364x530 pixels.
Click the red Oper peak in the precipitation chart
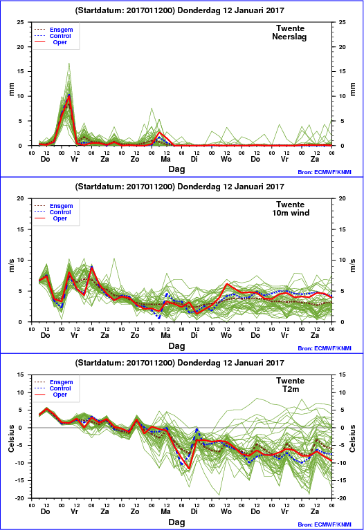coord(69,96)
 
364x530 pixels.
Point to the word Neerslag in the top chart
coord(289,37)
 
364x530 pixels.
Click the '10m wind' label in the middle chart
coord(291,213)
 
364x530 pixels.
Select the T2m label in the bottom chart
coord(291,389)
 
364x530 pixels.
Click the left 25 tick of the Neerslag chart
coord(21,22)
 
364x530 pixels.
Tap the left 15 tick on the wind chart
coord(21,229)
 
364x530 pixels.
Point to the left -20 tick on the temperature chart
coord(20,498)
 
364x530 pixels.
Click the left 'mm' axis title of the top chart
coord(12,90)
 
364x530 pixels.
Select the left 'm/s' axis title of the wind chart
coord(12,265)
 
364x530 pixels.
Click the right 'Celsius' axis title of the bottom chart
coord(352,438)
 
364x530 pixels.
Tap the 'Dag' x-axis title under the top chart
coord(176,169)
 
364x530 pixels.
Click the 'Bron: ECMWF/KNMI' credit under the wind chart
coord(325,348)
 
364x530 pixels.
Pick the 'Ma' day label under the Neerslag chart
coord(165,159)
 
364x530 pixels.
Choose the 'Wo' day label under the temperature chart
coord(226,511)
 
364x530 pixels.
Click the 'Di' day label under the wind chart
coord(194,335)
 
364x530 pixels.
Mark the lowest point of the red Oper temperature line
coord(189,469)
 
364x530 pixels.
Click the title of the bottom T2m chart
coord(179,363)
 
